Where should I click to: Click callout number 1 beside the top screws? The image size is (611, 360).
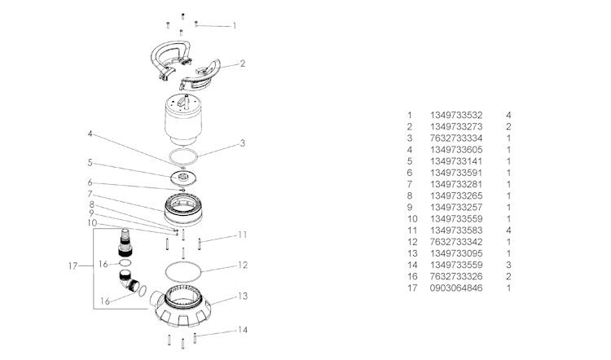(235, 26)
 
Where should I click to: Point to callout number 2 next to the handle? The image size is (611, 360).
(243, 63)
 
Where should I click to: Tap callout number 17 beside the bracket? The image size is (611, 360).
(73, 266)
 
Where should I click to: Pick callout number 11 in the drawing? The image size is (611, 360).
(242, 235)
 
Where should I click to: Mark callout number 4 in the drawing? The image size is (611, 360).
(90, 134)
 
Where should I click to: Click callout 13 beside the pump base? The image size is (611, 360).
(242, 296)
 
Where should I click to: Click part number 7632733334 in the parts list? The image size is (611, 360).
(457, 138)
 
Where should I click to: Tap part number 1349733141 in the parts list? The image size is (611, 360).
(457, 161)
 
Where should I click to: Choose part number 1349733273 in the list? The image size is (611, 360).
(457, 127)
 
